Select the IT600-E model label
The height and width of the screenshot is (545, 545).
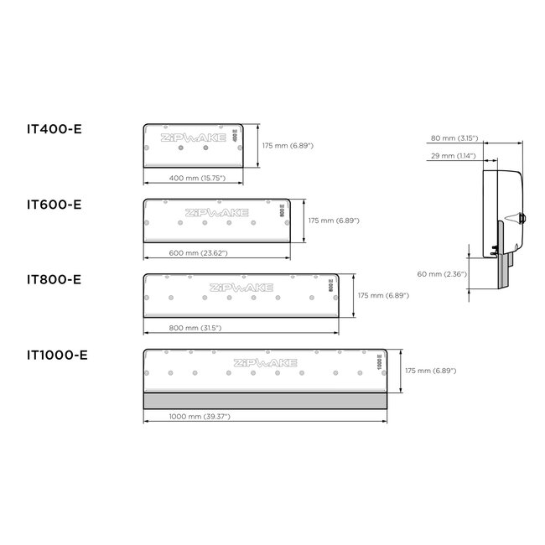pyautogui.click(x=54, y=204)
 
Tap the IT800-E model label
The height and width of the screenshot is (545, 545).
pyautogui.click(x=54, y=279)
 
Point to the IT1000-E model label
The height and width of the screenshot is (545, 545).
pyautogui.click(x=57, y=355)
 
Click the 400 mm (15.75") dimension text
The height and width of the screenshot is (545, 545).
pyautogui.click(x=192, y=179)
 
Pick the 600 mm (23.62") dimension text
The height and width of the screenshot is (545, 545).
pyautogui.click(x=198, y=253)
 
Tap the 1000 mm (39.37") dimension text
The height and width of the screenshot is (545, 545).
pyautogui.click(x=200, y=416)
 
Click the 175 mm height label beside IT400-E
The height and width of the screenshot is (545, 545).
pyautogui.click(x=288, y=146)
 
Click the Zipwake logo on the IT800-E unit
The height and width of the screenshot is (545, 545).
pyautogui.click(x=241, y=288)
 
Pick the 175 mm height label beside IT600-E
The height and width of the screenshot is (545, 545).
pyautogui.click(x=334, y=221)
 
